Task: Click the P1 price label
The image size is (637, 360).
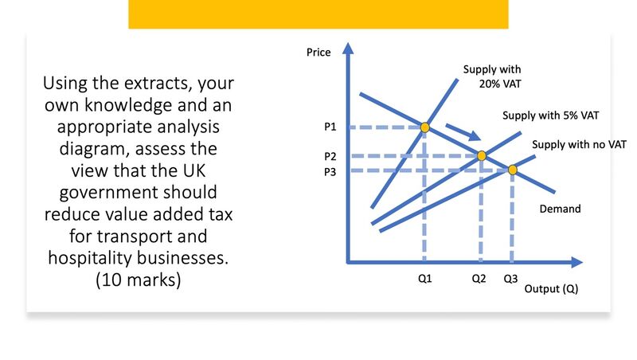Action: [330, 127]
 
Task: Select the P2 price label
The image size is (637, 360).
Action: [330, 156]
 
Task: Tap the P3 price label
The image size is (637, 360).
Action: [330, 172]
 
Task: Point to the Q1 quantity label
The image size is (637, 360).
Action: [424, 278]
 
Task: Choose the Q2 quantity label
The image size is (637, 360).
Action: [479, 278]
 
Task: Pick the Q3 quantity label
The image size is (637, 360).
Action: [510, 278]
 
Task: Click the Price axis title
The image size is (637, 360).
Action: [318, 52]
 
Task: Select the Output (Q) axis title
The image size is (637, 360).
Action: [551, 288]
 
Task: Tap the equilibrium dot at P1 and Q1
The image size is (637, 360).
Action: [425, 127]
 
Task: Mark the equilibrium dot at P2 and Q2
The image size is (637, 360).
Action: [482, 155]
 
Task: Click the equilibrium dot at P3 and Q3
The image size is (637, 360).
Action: [513, 170]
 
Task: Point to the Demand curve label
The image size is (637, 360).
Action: [560, 209]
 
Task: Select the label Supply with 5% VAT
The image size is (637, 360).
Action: [550, 115]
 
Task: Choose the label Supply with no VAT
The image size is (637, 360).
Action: [579, 144]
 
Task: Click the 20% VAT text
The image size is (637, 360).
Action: [500, 84]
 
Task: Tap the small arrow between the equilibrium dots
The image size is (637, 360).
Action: [463, 132]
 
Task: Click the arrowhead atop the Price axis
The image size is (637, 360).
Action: [348, 48]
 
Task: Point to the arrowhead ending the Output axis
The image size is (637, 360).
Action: [577, 262]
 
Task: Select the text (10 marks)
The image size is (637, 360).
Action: [138, 280]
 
